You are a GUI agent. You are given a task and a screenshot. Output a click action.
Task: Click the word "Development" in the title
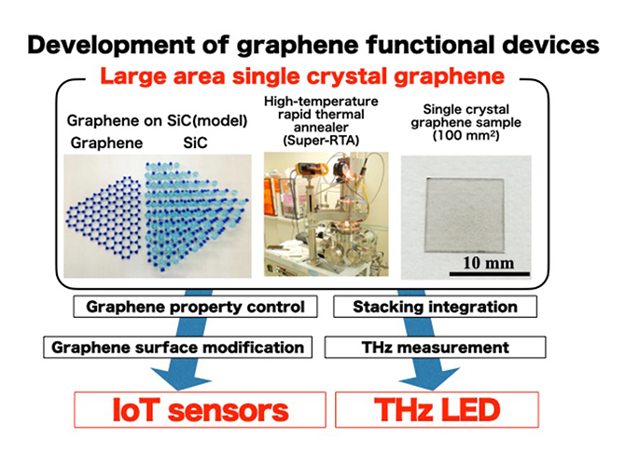(111, 45)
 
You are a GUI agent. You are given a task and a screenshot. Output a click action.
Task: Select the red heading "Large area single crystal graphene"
(302, 76)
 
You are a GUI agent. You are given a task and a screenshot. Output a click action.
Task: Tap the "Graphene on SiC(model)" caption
(157, 120)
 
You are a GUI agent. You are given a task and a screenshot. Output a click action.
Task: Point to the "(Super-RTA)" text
(321, 140)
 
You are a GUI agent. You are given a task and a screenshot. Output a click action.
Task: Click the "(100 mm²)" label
(466, 135)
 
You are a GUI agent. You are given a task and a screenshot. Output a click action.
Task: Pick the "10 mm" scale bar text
(488, 263)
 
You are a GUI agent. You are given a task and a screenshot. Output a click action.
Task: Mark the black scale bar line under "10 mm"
(490, 274)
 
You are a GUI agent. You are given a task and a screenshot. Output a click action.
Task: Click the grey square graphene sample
(465, 215)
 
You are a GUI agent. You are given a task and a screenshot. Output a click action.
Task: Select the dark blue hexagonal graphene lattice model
(104, 216)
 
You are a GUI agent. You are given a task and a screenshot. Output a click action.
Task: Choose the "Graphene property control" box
(195, 307)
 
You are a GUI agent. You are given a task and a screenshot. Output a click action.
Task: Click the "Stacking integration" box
(435, 307)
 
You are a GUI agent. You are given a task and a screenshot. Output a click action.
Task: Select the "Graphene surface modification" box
(178, 348)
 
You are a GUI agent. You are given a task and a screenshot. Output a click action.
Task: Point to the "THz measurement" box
(435, 348)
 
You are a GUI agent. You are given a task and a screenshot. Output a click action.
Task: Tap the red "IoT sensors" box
(201, 410)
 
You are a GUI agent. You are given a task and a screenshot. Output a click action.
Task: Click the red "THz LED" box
(437, 410)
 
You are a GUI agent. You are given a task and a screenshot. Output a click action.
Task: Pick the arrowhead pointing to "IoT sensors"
(180, 379)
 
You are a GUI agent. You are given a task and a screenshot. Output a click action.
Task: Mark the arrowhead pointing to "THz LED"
(429, 379)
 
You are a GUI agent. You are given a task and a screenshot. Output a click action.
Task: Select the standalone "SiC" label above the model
(195, 143)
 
